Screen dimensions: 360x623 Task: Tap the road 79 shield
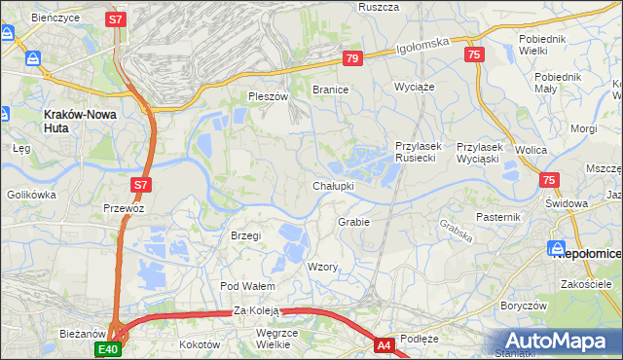click(352, 59)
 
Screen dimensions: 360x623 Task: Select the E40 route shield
click(108, 348)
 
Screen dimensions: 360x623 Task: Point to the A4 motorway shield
click(385, 343)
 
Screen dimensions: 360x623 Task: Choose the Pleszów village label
click(269, 97)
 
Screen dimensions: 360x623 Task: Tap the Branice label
click(330, 89)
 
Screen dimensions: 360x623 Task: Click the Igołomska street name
click(422, 43)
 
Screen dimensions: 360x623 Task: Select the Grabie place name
click(353, 222)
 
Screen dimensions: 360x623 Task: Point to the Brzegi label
click(245, 235)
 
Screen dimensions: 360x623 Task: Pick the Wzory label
click(322, 267)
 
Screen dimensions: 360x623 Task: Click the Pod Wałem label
click(247, 286)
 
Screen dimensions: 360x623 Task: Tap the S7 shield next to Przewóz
click(140, 184)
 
